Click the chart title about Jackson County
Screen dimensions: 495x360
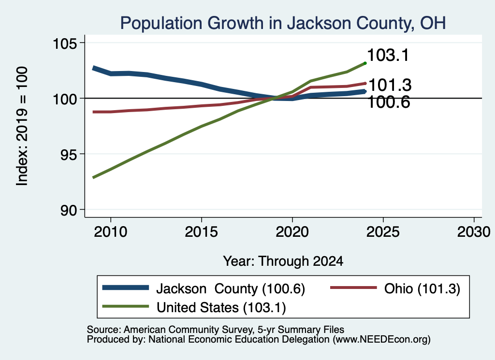tap(283, 23)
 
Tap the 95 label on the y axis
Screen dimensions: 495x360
tap(69, 155)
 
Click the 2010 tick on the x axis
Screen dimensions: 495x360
tap(111, 232)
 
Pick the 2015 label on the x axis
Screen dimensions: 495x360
tap(202, 232)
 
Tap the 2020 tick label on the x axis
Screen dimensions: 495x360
tap(292, 232)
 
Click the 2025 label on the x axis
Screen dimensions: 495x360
tap(383, 232)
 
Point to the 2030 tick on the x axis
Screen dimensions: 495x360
tap(474, 232)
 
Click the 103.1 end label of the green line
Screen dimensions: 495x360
tap(388, 55)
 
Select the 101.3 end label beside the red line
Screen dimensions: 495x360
tap(390, 85)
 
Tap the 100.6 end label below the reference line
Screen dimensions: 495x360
tap(389, 102)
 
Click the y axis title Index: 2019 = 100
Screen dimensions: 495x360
tap(22, 126)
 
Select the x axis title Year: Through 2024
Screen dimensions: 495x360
tap(283, 261)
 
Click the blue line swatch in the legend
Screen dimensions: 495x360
tap(126, 288)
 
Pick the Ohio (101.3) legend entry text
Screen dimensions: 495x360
tap(422, 288)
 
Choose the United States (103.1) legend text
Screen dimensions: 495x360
tap(221, 307)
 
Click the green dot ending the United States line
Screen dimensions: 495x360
tap(365, 63)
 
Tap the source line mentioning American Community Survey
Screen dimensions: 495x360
tap(216, 330)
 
